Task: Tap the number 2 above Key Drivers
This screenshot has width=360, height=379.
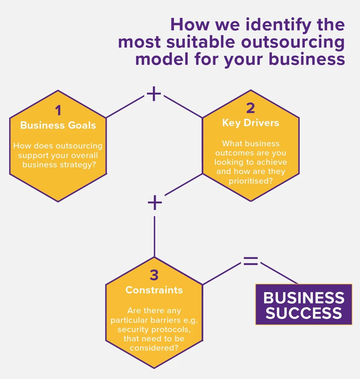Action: point(251,108)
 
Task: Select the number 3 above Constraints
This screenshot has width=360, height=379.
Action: point(154,275)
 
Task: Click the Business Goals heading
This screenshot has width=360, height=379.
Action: point(58,125)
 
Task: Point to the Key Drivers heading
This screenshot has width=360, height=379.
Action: point(251,123)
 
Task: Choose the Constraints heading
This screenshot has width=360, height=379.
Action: point(154,290)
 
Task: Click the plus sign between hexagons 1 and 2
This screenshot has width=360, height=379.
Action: point(154,94)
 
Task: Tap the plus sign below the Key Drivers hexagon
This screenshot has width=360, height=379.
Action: point(155,202)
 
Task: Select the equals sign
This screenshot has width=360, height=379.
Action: point(251,261)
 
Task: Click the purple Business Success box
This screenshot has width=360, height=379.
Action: point(304,304)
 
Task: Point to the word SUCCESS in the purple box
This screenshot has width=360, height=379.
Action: point(304,313)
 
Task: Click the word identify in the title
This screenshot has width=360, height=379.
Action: point(278,25)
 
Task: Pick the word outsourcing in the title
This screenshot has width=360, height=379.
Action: point(293,42)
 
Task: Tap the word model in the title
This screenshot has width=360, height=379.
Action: point(162,59)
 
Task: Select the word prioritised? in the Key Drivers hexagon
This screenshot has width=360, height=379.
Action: point(251,181)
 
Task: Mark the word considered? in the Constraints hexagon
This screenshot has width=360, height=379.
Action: point(154,348)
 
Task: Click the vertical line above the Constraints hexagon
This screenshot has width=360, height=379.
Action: point(154,237)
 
